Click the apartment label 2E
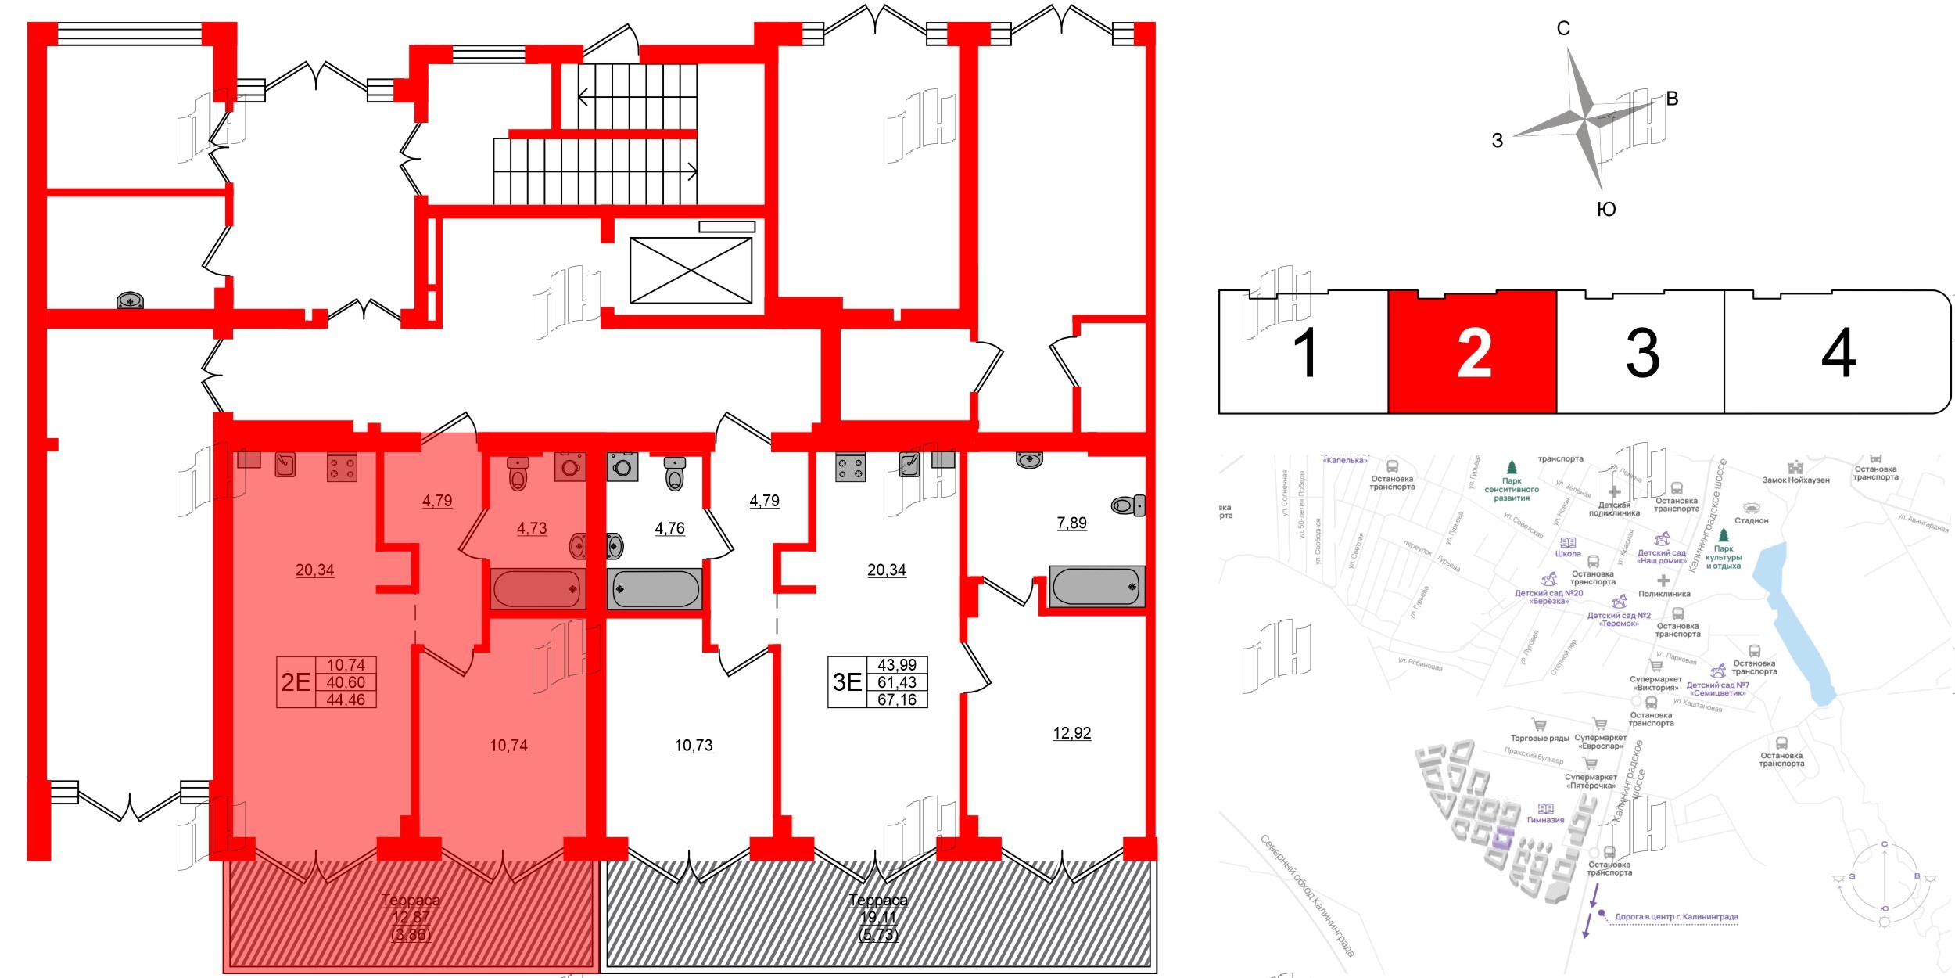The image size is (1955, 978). tap(296, 682)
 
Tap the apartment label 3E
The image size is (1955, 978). tap(847, 682)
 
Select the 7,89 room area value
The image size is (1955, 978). tap(1071, 523)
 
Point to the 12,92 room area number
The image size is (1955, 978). tap(1071, 733)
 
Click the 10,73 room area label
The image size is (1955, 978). tap(694, 746)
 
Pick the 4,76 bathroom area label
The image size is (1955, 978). tap(669, 529)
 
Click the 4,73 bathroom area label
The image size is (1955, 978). tap(532, 529)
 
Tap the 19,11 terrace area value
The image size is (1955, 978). tap(878, 918)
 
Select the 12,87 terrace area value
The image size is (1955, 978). tap(411, 918)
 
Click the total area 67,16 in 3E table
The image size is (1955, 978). tap(896, 699)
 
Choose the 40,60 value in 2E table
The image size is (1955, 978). tap(346, 682)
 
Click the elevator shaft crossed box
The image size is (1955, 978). tap(691, 270)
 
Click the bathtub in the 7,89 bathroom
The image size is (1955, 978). tap(1096, 587)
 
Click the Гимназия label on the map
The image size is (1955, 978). tap(1545, 820)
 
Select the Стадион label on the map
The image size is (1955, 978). tap(1751, 520)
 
